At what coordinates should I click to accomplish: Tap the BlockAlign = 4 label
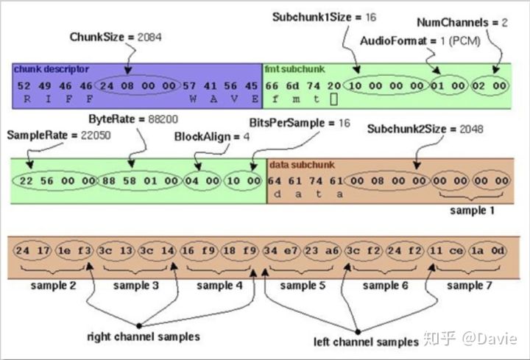pyautogui.click(x=207, y=137)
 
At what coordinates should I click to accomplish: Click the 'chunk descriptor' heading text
pyautogui.click(x=51, y=69)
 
